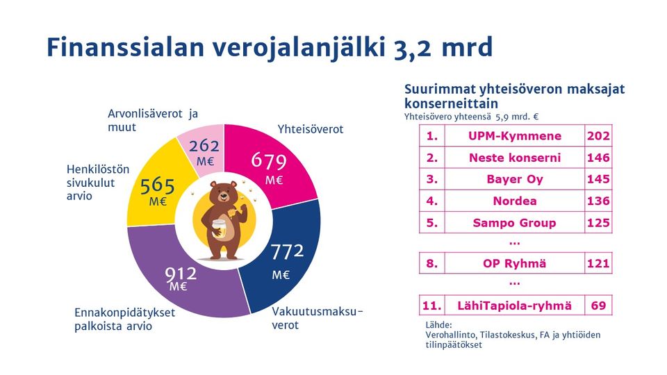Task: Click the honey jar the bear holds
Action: (x=221, y=230)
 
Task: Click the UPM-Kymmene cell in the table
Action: (x=514, y=136)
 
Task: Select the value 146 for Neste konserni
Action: (x=598, y=158)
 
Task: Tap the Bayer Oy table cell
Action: (x=514, y=179)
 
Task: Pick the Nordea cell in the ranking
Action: (x=514, y=201)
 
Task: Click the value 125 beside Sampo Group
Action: (x=598, y=222)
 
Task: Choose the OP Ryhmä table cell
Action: (x=514, y=263)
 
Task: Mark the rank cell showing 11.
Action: (x=432, y=305)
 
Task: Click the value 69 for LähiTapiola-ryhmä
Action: (x=598, y=305)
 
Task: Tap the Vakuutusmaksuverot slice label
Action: (x=317, y=317)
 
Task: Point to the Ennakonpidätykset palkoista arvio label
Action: (x=124, y=319)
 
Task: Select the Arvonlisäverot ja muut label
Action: (x=153, y=120)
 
